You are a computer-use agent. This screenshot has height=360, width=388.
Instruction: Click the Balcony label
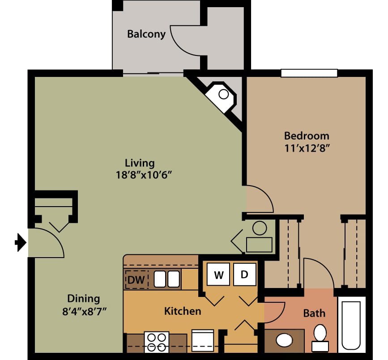(x=146, y=34)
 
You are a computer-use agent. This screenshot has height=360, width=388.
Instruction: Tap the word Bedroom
(x=307, y=136)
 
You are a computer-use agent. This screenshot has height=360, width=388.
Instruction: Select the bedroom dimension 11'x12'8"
(x=307, y=148)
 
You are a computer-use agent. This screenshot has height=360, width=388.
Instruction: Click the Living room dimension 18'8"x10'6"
(x=144, y=175)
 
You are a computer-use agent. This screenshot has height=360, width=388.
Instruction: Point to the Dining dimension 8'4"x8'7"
(x=85, y=311)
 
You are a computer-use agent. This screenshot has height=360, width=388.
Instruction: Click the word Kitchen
(x=183, y=311)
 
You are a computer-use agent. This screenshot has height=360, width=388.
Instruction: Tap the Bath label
(x=314, y=313)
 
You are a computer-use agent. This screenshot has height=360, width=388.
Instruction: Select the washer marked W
(x=218, y=275)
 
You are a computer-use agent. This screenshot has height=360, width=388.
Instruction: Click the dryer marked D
(x=244, y=275)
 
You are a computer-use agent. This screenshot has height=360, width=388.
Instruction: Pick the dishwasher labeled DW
(x=136, y=280)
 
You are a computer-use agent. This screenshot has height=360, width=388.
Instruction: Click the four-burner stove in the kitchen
(x=157, y=342)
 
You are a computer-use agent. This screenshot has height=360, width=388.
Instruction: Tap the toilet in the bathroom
(x=320, y=338)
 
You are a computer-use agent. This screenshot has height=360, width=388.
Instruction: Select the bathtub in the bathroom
(x=351, y=325)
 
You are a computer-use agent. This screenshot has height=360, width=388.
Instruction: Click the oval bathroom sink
(x=284, y=340)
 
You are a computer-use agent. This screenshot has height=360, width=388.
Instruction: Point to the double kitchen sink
(x=167, y=279)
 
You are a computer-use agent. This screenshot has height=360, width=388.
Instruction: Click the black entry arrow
(x=21, y=242)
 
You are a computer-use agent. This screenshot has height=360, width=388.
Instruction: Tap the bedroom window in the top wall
(x=309, y=73)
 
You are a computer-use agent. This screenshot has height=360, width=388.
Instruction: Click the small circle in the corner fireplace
(x=224, y=94)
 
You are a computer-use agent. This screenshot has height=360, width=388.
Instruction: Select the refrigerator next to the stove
(x=203, y=340)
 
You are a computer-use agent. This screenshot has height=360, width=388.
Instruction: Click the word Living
(x=140, y=163)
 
